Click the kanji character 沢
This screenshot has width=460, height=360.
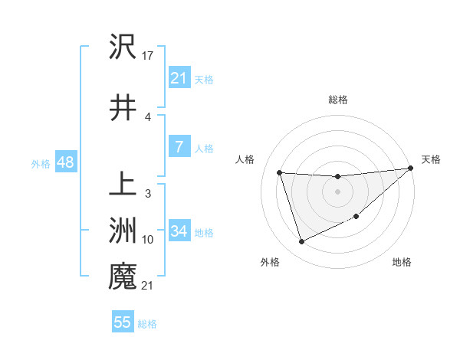coord(123,47)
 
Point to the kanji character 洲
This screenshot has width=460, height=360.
coord(123,229)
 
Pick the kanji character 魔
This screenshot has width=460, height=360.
coord(123,275)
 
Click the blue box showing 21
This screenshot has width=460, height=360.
coord(179,77)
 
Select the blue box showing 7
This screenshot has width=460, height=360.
coord(179,148)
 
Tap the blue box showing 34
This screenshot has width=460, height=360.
coord(179,231)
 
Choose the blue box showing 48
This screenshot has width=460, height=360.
coord(65,162)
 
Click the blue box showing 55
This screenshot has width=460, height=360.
coord(123,322)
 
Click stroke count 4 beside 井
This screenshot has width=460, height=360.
coord(147,118)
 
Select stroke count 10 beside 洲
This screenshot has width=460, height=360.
coord(148,240)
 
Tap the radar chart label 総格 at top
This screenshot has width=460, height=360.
coord(338,100)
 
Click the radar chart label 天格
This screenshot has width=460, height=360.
coord(431,159)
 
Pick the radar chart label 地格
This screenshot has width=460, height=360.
coord(402,262)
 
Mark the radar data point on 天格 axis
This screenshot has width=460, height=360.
coord(411,169)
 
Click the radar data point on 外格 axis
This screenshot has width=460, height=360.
coord(301,242)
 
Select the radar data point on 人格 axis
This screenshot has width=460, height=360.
coord(280,173)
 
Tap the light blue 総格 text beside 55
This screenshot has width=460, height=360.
coord(148,324)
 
